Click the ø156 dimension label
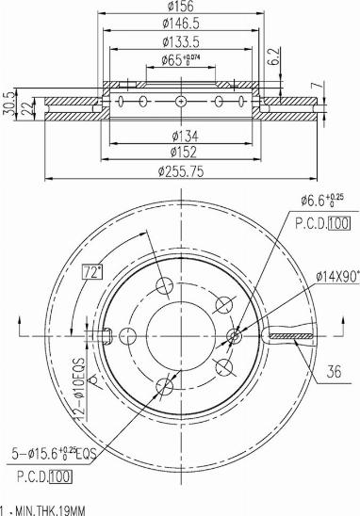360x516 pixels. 181,6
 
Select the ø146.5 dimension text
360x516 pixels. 181,24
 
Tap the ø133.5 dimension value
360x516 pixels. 181,42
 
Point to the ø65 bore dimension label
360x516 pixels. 181,59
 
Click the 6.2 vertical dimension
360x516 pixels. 275,56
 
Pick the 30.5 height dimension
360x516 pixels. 8,104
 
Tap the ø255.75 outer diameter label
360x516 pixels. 181,171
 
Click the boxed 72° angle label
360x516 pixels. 92,272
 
